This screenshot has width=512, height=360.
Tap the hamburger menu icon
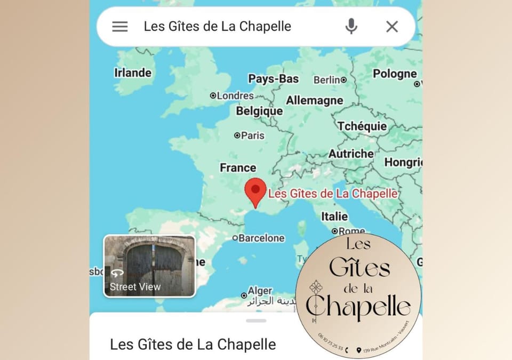tap(120, 27)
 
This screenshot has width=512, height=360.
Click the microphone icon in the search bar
tap(351, 26)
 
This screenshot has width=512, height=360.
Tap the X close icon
tap(392, 27)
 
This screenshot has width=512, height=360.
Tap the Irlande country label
tap(133, 73)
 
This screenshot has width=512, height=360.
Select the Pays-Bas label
tap(273, 79)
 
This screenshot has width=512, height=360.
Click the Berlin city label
tap(327, 80)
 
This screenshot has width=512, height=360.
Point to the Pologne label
tap(395, 74)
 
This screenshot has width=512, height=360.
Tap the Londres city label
tap(235, 96)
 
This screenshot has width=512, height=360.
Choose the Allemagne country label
tap(314, 100)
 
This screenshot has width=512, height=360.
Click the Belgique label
tap(259, 111)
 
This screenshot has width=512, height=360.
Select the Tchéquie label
tap(362, 126)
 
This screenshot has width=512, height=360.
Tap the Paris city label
tap(252, 135)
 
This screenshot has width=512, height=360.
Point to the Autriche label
tap(351, 154)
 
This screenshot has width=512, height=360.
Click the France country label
tap(238, 168)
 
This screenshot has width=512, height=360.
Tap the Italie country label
tap(334, 217)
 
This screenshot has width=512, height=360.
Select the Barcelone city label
tap(261, 238)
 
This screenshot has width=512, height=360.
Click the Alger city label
tap(260, 291)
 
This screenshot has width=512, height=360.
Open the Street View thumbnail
tap(149, 266)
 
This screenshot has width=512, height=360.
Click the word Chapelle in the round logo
tap(358, 307)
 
